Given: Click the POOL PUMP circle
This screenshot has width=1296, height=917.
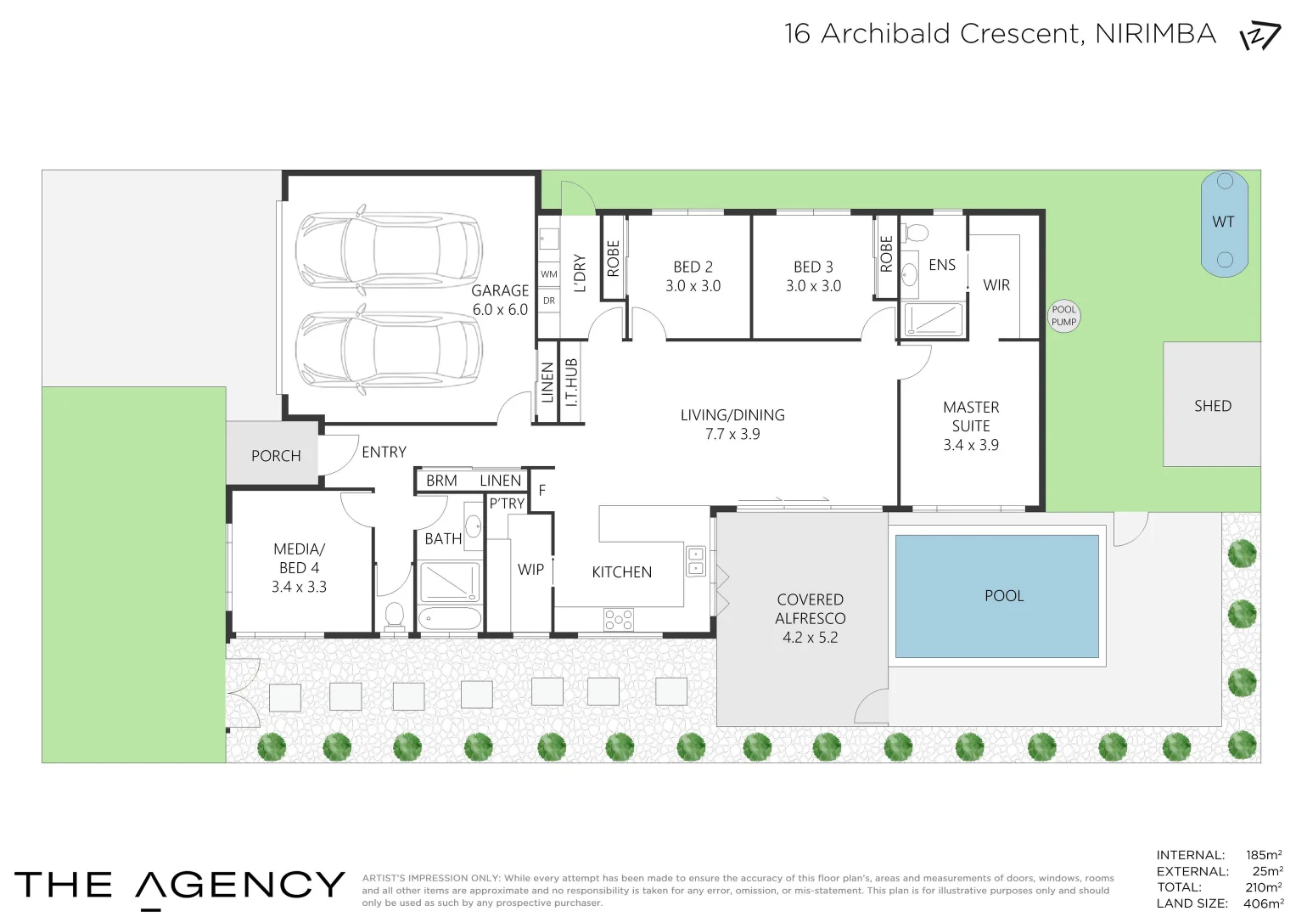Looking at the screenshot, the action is [x=1063, y=316].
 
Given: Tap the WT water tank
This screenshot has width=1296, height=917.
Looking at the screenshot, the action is [x=1224, y=223].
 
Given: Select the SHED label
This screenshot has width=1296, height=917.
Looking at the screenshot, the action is [x=1213, y=406].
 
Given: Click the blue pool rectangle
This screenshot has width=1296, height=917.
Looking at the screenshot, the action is [x=997, y=596].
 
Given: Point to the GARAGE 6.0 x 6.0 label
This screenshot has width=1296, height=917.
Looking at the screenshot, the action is [x=500, y=300].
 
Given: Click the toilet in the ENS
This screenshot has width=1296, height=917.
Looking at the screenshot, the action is [x=917, y=233].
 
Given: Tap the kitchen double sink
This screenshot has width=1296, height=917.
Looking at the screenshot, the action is [x=695, y=561].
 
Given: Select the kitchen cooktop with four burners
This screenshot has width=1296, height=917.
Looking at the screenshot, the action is [x=619, y=620].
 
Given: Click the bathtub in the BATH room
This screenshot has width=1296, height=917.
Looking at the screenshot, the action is [x=450, y=618].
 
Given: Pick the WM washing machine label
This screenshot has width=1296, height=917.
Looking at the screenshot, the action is [x=549, y=273].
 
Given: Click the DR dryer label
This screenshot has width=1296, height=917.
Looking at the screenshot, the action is [x=549, y=301].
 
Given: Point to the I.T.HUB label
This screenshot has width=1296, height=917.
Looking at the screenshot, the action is [x=571, y=382].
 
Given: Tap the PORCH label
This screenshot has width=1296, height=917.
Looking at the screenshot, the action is [x=276, y=456].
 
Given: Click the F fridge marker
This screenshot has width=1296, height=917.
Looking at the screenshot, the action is [x=542, y=491].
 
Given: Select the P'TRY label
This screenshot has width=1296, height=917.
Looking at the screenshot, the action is [x=507, y=504].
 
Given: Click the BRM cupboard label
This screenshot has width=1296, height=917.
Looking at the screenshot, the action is [x=441, y=481].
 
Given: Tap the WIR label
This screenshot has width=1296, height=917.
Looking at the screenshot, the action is [x=996, y=284].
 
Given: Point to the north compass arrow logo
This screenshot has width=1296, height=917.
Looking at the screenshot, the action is [x=1260, y=36].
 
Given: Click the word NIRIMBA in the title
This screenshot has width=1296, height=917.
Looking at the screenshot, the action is [x=1155, y=34].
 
